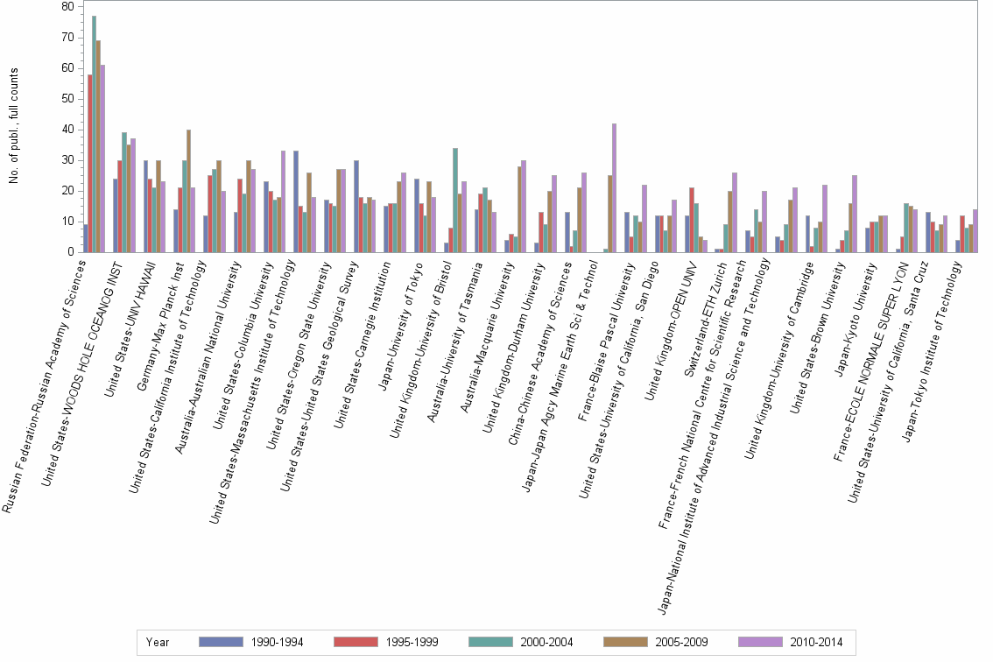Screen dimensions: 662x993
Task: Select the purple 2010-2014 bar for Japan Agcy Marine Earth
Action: (614, 187)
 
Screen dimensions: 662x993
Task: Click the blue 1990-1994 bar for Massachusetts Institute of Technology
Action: (296, 201)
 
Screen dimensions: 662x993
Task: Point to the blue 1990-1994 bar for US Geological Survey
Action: (356, 206)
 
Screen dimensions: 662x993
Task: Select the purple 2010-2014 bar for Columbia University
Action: (283, 201)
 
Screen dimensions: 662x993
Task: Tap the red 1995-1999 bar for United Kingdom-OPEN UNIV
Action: (691, 220)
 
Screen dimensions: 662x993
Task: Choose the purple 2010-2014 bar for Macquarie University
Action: (524, 206)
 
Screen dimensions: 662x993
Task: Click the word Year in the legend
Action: (158, 642)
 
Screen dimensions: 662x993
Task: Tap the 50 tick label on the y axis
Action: (67, 99)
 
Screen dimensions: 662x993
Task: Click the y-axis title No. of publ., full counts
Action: (14, 126)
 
